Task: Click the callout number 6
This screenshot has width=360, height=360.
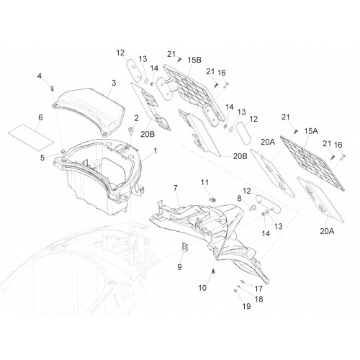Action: (x=40, y=117)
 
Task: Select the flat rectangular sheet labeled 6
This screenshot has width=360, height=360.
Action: (x=31, y=138)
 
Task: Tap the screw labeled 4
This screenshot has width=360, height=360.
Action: (x=52, y=88)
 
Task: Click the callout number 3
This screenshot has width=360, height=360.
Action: (x=114, y=83)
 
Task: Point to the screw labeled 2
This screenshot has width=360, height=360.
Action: (x=131, y=130)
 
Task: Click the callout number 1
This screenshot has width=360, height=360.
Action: (x=156, y=151)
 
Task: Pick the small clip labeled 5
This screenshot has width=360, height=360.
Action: (x=63, y=151)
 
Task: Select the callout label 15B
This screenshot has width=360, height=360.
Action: (x=194, y=60)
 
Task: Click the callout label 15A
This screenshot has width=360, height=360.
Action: (x=311, y=131)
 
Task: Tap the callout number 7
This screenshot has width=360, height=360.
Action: (x=176, y=188)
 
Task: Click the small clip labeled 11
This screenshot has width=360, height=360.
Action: (x=212, y=199)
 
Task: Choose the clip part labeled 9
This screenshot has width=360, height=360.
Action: (x=184, y=247)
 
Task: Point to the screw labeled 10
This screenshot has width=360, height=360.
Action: (x=212, y=271)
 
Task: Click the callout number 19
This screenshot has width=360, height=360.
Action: (x=247, y=306)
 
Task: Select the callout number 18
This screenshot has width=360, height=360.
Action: (x=258, y=299)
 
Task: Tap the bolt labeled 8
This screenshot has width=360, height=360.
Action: (x=252, y=208)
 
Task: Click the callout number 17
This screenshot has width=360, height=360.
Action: (x=258, y=289)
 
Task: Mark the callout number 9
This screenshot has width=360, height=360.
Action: (x=179, y=267)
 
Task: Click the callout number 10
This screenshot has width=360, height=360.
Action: (x=202, y=288)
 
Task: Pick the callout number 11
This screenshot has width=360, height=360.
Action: (x=204, y=182)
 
